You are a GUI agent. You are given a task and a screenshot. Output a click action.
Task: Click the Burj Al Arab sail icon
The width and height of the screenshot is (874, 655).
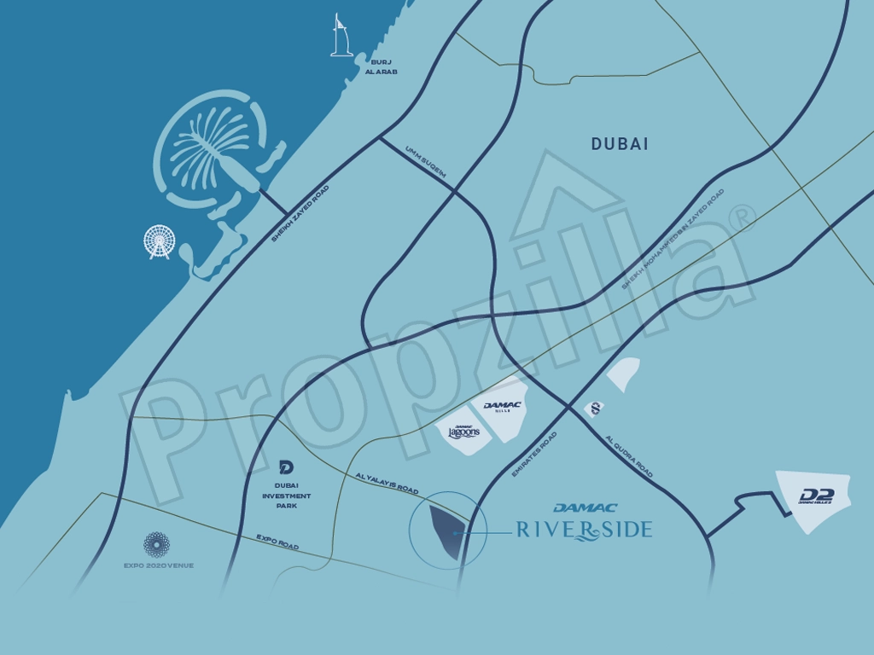pos(341,36)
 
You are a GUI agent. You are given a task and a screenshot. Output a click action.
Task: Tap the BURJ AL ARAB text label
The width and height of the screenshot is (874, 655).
pos(381,67)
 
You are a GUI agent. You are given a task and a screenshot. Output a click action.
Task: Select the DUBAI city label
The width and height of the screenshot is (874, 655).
pos(620,144)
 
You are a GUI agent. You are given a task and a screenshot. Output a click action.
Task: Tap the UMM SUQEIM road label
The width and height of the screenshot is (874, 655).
pos(426,161)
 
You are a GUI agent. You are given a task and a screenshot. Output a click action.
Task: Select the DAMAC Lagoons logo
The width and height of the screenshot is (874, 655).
pos(463,432)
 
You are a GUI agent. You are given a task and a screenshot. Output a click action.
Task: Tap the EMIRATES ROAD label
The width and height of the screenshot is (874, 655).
pos(533,454)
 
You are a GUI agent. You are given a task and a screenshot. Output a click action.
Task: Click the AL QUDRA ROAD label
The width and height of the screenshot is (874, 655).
pos(629,456)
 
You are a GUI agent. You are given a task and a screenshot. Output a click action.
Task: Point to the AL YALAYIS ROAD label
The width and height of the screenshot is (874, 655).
pos(387,484)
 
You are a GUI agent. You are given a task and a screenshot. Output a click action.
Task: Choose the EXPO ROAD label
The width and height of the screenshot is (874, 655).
pos(277,542)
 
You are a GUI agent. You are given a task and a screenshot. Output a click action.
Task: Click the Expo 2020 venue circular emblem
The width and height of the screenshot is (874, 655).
pos(156,544)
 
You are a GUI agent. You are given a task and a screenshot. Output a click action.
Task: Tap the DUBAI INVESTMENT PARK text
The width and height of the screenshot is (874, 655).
pos(287,496)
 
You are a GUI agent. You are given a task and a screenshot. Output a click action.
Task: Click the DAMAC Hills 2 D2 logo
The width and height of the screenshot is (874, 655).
pos(815,496)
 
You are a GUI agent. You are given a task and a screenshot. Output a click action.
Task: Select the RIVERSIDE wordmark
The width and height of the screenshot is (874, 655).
pos(585,530)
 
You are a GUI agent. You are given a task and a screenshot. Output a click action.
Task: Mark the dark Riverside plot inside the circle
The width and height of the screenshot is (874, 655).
pos(445,531)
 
